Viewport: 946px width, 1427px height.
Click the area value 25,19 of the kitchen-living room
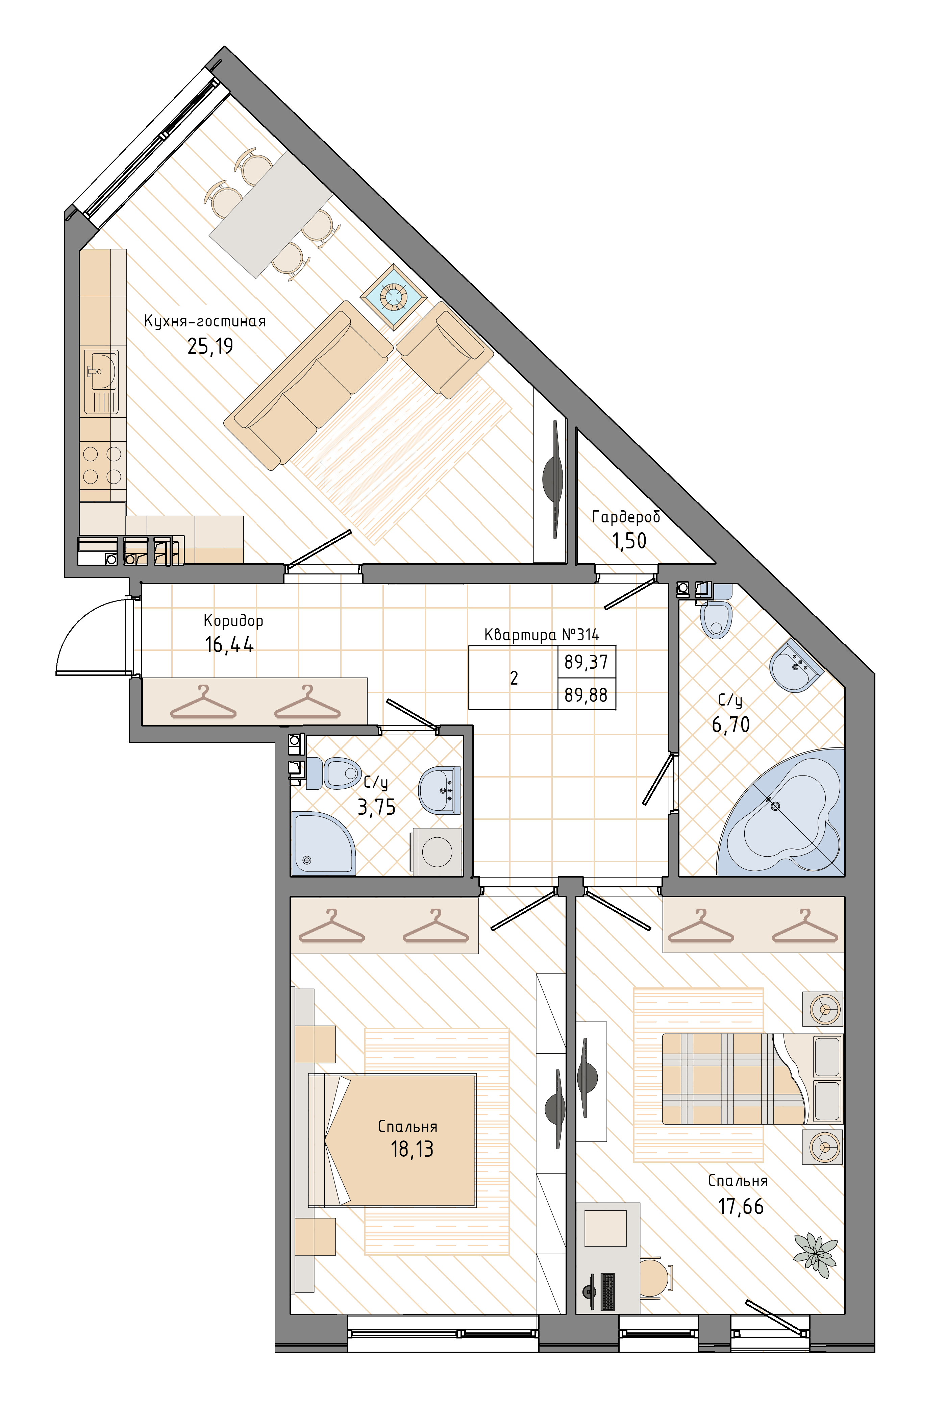210,346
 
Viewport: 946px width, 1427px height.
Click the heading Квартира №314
542,635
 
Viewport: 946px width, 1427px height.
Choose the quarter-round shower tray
323,843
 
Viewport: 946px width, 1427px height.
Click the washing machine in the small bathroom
436,852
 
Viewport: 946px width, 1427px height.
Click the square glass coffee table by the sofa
393,297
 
